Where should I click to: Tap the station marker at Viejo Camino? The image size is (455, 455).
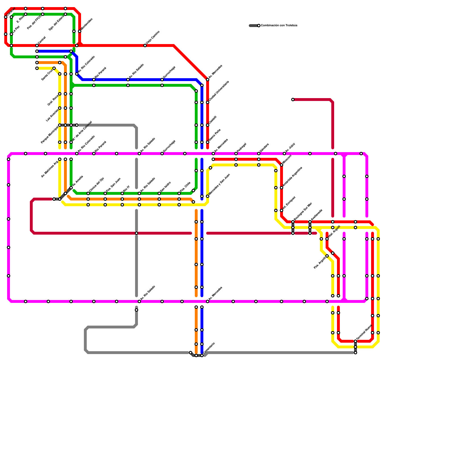point(145,45)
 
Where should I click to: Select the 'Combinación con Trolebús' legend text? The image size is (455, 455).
point(279,26)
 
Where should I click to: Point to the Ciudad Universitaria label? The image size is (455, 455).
point(219,91)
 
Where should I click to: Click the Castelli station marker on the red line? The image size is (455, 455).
point(208,125)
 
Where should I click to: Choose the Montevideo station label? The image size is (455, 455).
point(87,24)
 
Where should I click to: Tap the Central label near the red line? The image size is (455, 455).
point(42,40)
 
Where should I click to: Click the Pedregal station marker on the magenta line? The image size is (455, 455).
point(236,154)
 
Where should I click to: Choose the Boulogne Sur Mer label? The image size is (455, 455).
point(303,212)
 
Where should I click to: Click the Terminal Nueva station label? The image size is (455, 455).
point(364,332)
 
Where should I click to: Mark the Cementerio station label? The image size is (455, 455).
point(209,348)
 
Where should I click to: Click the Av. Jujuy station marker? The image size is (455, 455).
point(284,154)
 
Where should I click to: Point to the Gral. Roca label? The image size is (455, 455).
point(53,100)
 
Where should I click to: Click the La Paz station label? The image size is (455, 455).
point(16,29)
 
